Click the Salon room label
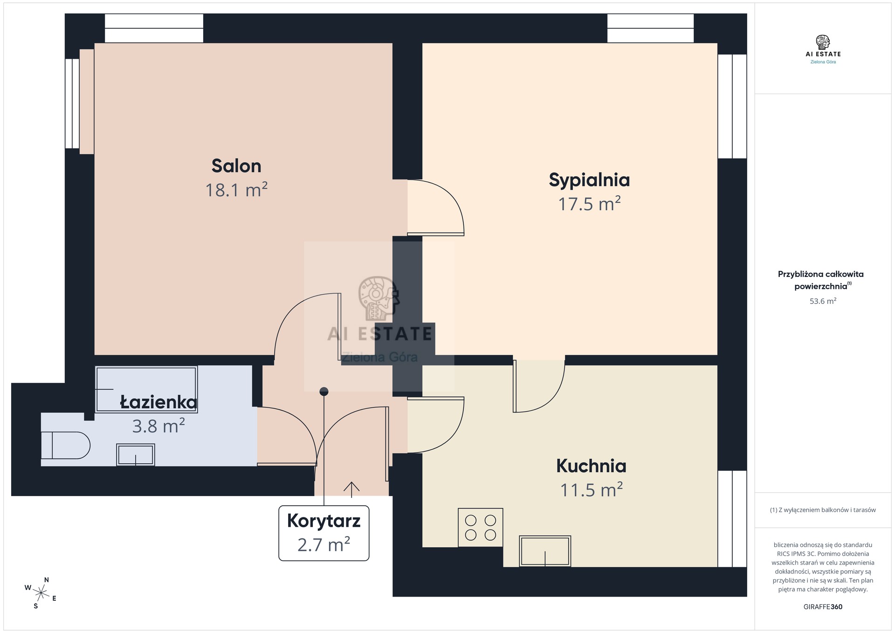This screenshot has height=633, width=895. (236, 166)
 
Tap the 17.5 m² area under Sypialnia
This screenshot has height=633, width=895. (589, 204)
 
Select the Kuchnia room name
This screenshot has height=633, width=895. (591, 466)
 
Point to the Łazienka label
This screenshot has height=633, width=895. (158, 402)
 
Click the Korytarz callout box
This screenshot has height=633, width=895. (324, 533)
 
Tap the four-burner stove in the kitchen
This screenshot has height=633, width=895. (481, 527)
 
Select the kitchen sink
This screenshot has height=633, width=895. (545, 551)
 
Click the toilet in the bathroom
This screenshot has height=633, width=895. (65, 446)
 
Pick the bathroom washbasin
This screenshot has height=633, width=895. (136, 454)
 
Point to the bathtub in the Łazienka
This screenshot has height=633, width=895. (146, 389)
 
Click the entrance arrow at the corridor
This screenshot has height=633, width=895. (351, 488)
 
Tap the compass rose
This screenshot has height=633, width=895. (41, 593)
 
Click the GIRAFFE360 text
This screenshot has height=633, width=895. (823, 607)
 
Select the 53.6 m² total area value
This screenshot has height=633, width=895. (823, 301)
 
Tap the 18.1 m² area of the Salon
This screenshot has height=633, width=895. (236, 190)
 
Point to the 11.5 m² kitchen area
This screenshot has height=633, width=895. (591, 490)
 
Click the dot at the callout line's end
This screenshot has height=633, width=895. (324, 392)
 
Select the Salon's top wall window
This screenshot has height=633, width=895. (154, 28)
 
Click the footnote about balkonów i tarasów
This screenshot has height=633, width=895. (823, 510)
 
